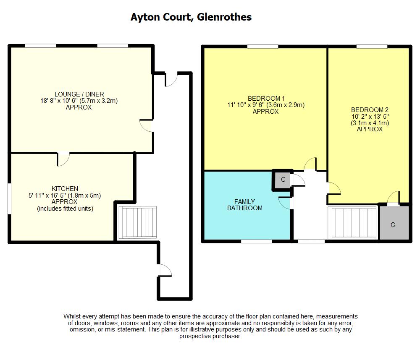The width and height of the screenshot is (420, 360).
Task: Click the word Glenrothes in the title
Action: point(224,17)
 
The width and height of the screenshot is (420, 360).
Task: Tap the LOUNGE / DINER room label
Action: point(79,94)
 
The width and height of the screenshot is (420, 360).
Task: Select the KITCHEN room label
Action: point(65,189)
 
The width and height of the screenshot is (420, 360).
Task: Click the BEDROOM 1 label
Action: point(266,99)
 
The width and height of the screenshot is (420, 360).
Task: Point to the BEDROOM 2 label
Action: point(370,110)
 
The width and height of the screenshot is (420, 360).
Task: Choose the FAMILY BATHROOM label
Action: point(244,205)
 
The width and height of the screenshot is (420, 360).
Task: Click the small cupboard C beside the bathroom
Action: point(283,180)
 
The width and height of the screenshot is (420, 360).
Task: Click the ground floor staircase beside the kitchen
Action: point(137,222)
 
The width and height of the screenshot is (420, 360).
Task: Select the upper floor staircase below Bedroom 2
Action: point(353,222)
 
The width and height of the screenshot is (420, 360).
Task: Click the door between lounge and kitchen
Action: point(63,159)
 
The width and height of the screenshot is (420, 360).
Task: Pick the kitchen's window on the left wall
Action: point(9,198)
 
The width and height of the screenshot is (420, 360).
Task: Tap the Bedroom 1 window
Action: point(262,47)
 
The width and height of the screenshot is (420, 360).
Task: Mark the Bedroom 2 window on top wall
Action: point(372,47)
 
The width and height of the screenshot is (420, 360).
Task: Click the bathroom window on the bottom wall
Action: point(256,241)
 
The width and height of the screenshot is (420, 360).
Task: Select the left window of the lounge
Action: point(40,46)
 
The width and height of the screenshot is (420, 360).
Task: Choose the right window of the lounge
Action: point(113,46)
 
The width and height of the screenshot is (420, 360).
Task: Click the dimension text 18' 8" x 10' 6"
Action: point(59,101)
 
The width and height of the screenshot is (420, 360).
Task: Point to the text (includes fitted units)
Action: point(65,209)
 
